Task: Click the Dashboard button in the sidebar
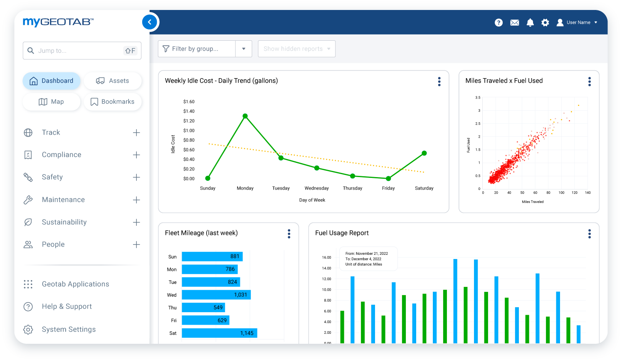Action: (x=52, y=81)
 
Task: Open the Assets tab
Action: (x=113, y=81)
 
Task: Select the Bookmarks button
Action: (x=113, y=101)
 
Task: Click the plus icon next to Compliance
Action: (x=136, y=155)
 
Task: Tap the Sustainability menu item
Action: (x=64, y=222)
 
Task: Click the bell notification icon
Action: (x=530, y=22)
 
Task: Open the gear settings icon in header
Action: (x=545, y=22)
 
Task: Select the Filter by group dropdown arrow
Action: (x=244, y=49)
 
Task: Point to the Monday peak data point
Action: (x=245, y=116)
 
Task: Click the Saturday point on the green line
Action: (x=424, y=153)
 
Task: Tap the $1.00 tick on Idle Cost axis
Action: (x=189, y=131)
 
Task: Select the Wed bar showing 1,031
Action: (x=216, y=295)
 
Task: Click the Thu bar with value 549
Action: (x=203, y=308)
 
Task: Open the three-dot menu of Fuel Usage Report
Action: (x=589, y=234)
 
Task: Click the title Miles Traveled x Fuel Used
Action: (x=504, y=81)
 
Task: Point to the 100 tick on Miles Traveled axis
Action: (x=561, y=193)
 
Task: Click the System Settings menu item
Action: (x=69, y=329)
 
